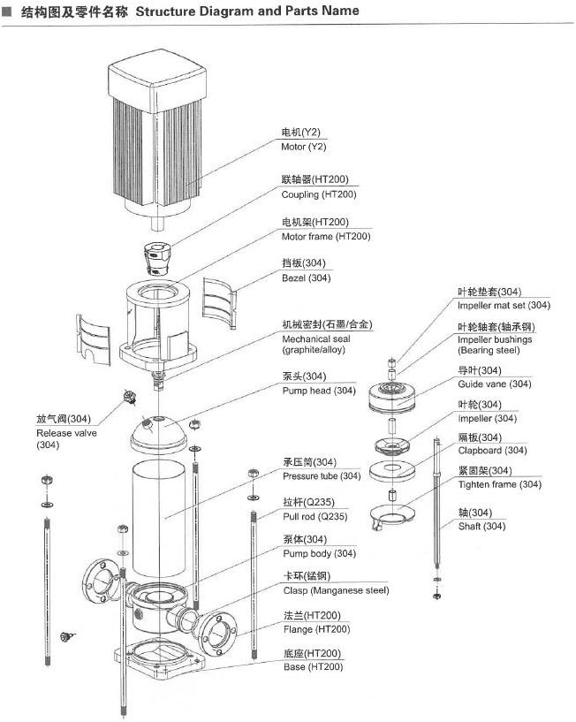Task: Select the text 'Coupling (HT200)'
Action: click(320, 194)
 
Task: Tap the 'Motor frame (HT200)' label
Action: click(326, 236)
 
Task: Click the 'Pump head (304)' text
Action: click(319, 391)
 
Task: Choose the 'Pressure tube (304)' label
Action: click(322, 476)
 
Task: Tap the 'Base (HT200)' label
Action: click(313, 667)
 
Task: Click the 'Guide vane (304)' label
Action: click(494, 384)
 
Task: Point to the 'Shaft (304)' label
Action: click(481, 527)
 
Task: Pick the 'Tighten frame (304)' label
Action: click(499, 484)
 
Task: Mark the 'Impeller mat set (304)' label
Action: click(504, 305)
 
